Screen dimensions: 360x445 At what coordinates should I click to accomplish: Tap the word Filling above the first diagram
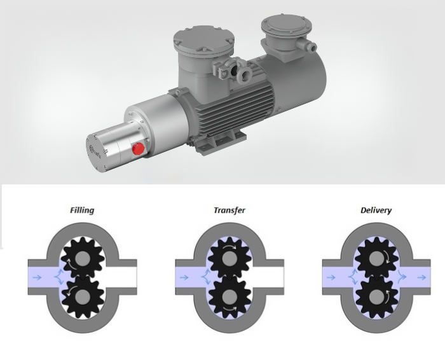pos(82,210)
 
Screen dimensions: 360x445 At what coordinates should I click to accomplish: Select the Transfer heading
pos(229,210)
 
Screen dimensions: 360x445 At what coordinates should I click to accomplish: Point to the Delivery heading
pos(376,210)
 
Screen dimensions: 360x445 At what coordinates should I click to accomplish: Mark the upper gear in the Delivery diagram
pos(377,254)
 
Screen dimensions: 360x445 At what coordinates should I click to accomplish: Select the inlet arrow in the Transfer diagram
pos(185,277)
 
